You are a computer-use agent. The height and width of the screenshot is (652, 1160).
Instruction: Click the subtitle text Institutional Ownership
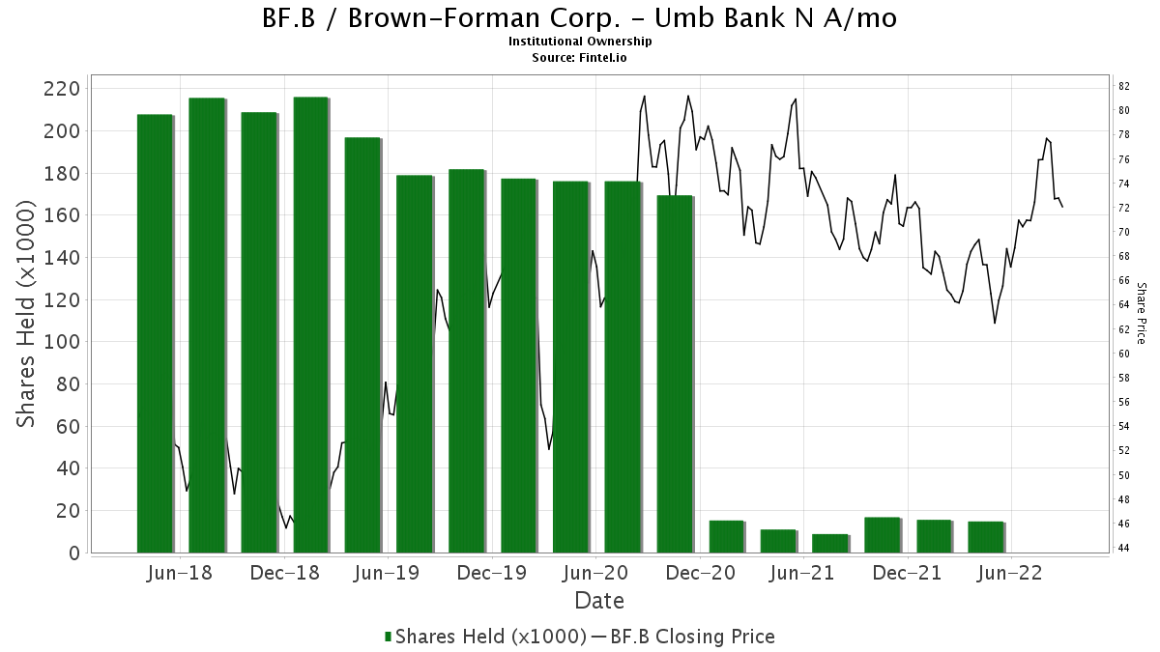pyautogui.click(x=579, y=42)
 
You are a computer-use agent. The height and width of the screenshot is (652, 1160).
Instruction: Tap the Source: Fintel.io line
pyautogui.click(x=579, y=57)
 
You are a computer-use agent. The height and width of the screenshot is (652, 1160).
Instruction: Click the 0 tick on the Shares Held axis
pyautogui.click(x=75, y=553)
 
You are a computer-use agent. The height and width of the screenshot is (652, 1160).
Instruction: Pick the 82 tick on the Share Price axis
pyautogui.click(x=1123, y=86)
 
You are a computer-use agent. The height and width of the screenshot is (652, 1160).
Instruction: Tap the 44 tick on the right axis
pyautogui.click(x=1123, y=548)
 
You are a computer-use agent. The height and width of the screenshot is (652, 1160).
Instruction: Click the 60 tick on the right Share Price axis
pyautogui.click(x=1123, y=354)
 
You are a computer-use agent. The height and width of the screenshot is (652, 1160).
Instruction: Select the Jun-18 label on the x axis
pyautogui.click(x=180, y=574)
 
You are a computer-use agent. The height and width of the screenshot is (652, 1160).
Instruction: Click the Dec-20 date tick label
pyautogui.click(x=700, y=574)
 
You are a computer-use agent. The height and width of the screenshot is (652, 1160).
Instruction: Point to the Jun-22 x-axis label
pyautogui.click(x=1010, y=574)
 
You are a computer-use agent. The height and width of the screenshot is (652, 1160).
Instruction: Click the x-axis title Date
pyautogui.click(x=599, y=601)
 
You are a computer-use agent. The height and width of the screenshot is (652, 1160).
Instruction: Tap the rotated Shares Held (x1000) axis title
pyautogui.click(x=26, y=314)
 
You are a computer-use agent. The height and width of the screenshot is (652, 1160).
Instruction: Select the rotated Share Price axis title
pyautogui.click(x=1142, y=314)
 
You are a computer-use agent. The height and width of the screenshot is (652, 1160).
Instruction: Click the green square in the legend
pyautogui.click(x=388, y=637)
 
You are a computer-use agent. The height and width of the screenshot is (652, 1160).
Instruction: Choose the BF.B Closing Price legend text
pyautogui.click(x=692, y=637)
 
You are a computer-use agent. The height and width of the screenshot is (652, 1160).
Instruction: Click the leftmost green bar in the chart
pyautogui.click(x=155, y=334)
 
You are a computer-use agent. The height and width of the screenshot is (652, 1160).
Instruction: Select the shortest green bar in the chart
pyautogui.click(x=830, y=544)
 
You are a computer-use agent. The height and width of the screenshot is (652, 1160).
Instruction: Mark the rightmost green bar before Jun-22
pyautogui.click(x=986, y=538)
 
